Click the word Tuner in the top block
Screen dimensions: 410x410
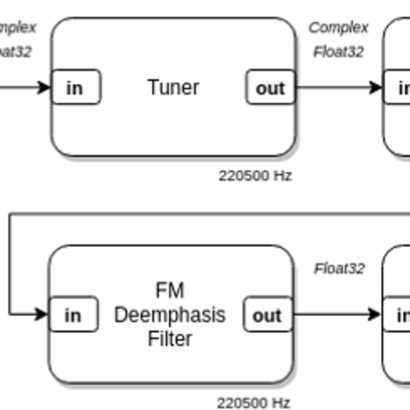coord(173,87)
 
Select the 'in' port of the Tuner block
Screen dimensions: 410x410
coord(75,87)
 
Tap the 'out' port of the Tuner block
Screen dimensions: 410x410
coord(270,87)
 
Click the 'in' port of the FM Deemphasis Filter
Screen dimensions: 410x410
coord(72,315)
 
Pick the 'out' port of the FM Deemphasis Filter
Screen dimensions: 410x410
coord(267,315)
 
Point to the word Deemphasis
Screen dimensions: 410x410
coord(169,315)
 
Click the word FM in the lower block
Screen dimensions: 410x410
coord(169,290)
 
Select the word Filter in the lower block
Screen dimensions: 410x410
coord(169,338)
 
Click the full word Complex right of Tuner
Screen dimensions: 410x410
coord(338,27)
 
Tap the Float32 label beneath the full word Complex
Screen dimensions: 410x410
coord(338,51)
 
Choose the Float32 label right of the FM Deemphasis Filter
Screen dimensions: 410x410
coord(339,269)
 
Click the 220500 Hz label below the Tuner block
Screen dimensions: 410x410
coord(255,176)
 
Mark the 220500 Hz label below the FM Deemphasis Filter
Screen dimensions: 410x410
coord(254,402)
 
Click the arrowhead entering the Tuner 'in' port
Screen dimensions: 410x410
coord(45,87)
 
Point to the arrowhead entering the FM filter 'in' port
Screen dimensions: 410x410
coord(42,314)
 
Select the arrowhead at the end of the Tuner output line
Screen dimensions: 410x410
coord(376,87)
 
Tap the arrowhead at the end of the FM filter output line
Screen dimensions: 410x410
coord(374,314)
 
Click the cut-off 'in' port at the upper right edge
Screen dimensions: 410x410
coord(398,87)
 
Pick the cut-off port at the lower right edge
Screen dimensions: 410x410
coord(397,315)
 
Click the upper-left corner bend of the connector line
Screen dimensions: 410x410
coord(10,214)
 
